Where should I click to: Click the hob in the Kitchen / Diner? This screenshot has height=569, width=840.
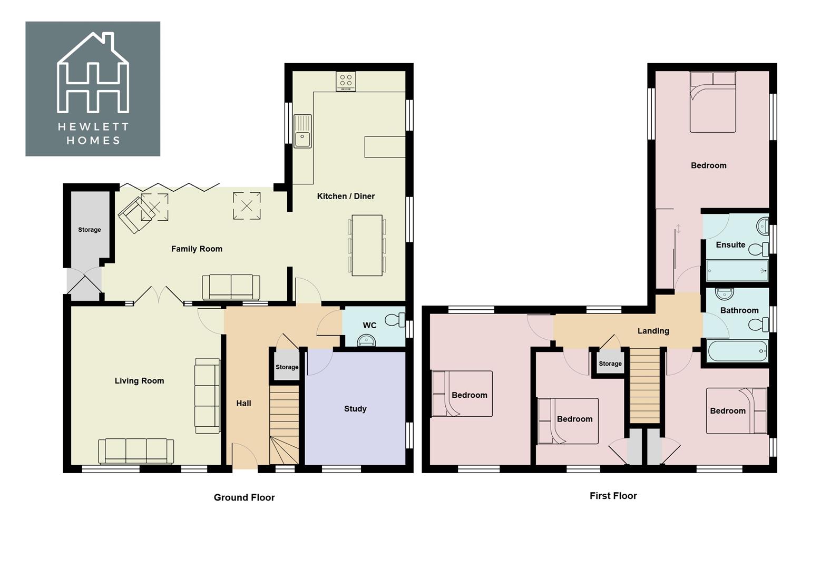coord(346,81)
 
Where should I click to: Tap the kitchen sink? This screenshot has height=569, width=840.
coord(302,132)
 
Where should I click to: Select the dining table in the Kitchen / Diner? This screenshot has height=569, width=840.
coord(367,245)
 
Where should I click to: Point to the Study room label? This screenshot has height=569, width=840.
coord(355,409)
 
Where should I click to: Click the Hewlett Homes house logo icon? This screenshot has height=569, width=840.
coord(93,74)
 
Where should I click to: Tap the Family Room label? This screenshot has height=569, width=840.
coord(197,249)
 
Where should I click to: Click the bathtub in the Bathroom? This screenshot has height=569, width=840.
coord(737,351)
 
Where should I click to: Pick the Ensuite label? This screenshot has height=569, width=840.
coord(730,245)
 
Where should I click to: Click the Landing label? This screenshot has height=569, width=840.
coord(653,331)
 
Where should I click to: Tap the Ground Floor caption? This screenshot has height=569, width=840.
coord(244,497)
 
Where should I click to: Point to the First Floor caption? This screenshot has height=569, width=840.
coord(613,496)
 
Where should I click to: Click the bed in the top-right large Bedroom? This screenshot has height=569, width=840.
coord(712,103)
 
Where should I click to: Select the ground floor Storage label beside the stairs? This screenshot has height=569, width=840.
coord(287,367)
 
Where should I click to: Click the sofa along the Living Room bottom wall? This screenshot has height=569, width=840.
coord(136,451)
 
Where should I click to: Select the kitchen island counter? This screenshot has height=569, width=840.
coord(385,146)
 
